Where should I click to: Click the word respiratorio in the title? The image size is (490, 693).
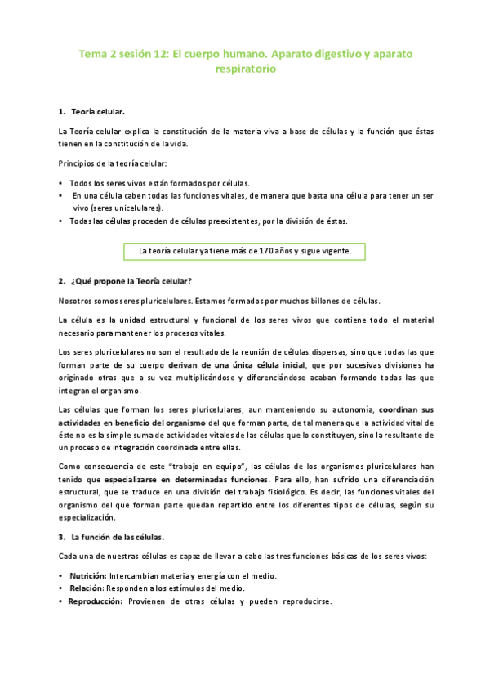point(244,70)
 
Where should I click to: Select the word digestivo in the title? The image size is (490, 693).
point(314,54)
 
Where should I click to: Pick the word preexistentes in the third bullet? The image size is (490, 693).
point(236,221)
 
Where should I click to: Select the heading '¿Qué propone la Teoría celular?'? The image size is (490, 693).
point(131,282)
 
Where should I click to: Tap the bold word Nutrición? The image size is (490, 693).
point(88,575)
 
